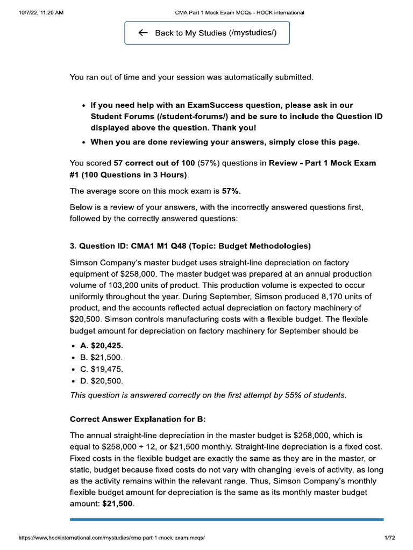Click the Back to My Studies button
click(207, 33)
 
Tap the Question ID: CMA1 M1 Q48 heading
click(190, 247)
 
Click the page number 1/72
click(390, 538)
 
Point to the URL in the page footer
click(111, 538)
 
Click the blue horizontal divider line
click(226, 519)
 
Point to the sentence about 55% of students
click(208, 395)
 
